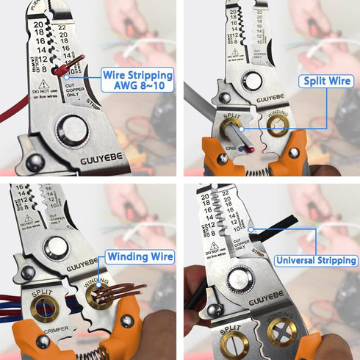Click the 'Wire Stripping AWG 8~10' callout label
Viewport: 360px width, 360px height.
coord(137,79)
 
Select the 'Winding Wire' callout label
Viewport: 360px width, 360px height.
coord(140,257)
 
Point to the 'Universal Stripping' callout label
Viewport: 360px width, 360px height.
coord(317,260)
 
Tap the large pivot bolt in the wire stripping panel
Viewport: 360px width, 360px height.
coord(72,131)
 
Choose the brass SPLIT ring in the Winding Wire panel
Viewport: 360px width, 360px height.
coord(44,309)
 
